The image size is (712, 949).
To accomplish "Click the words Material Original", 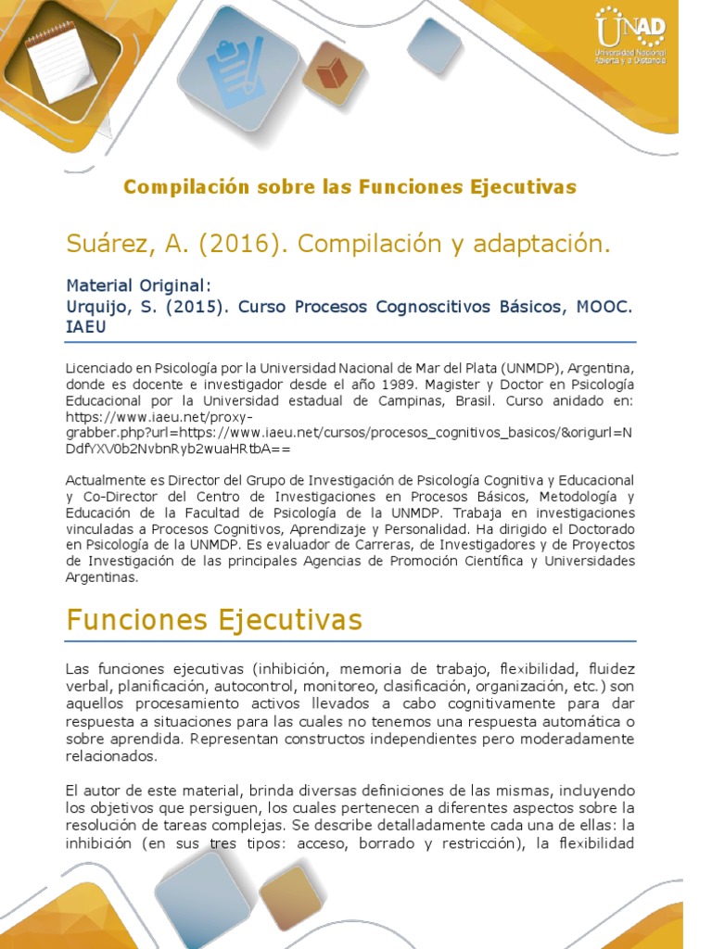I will point(139,285).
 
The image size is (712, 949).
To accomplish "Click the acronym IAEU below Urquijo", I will point(86,326).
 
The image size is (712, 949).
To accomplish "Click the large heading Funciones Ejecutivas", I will point(214,619).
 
